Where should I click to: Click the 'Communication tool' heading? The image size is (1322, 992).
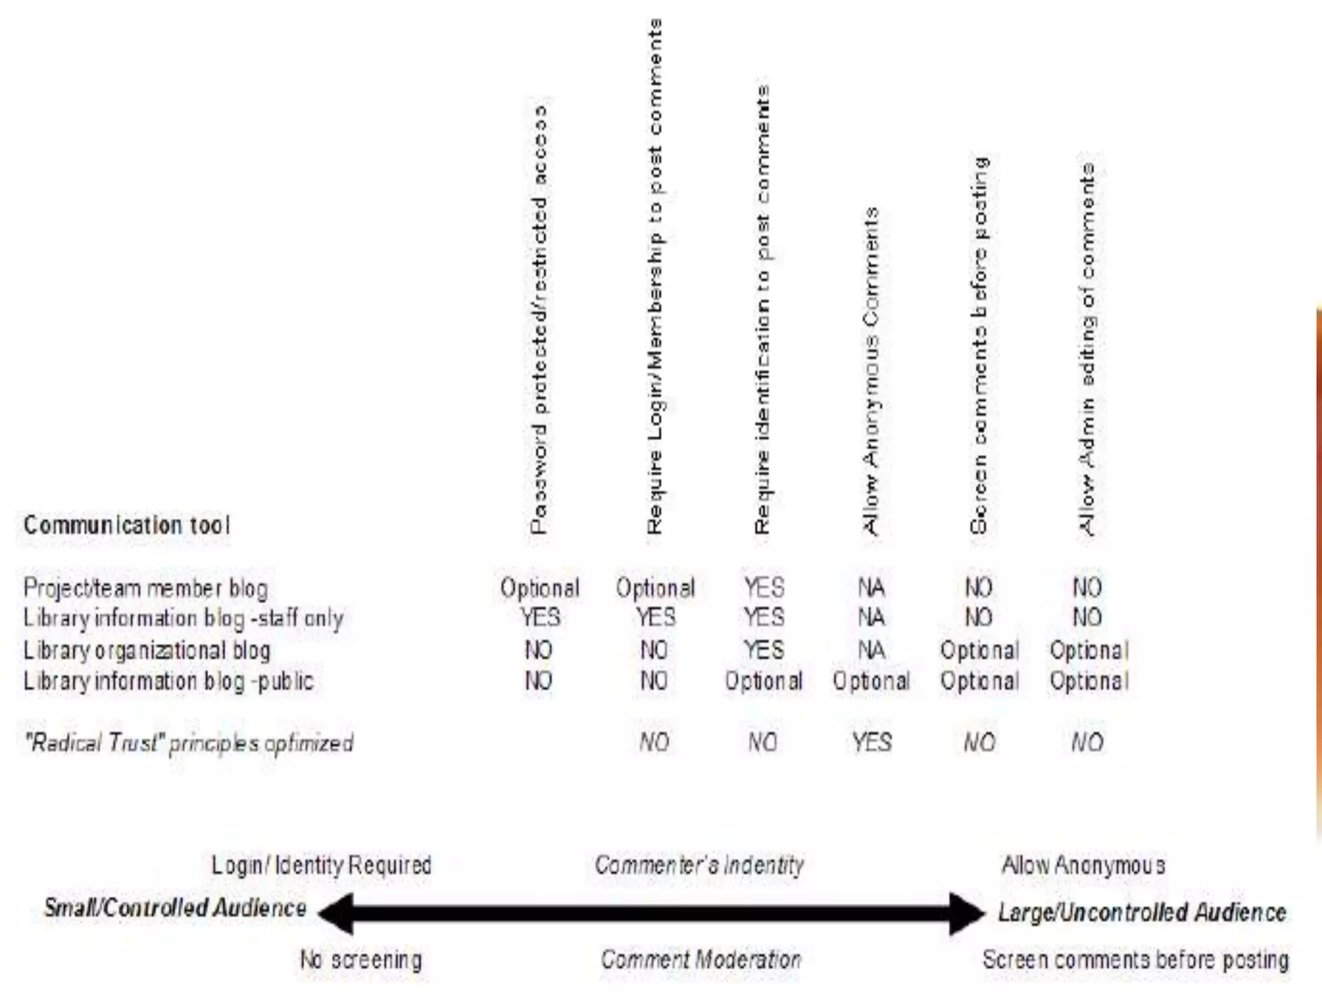tap(127, 525)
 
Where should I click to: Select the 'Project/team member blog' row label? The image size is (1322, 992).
tap(145, 588)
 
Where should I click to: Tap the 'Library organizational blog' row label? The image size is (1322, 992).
tap(147, 650)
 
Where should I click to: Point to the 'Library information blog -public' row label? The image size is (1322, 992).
tap(168, 681)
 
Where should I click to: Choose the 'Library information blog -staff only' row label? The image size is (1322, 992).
tap(183, 619)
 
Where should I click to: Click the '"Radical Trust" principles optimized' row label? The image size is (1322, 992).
tap(188, 743)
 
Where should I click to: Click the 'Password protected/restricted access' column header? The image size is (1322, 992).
tap(539, 320)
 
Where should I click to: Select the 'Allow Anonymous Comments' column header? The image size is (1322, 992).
tap(871, 371)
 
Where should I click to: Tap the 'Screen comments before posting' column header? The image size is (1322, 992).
tap(979, 346)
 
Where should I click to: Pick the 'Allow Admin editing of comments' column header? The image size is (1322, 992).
tap(1088, 349)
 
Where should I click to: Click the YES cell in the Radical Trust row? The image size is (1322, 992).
tap(871, 743)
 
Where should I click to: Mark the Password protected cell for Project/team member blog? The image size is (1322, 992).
tap(540, 588)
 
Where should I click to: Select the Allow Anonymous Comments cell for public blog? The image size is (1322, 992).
tap(871, 681)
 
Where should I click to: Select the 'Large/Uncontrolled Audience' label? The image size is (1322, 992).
tap(1142, 913)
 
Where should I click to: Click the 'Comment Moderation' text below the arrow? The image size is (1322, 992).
tap(701, 960)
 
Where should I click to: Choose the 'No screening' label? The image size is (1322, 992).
tap(361, 960)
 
